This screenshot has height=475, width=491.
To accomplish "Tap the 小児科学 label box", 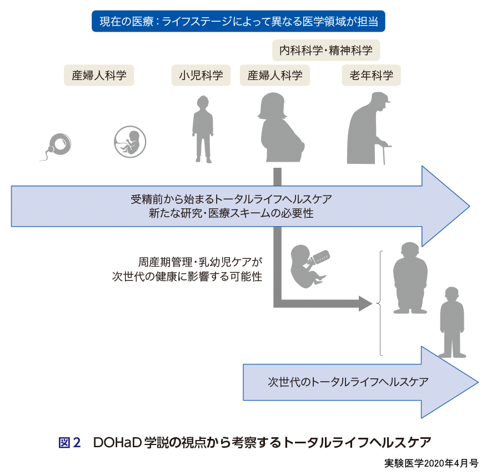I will pos(201,75).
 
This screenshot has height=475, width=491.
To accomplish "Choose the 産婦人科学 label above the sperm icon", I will pos(99,75).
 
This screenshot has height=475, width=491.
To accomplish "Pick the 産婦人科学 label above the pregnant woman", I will pos(275,75).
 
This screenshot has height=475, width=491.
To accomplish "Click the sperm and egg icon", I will pos(58,146).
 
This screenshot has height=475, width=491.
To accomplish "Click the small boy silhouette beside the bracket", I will pos(452,323).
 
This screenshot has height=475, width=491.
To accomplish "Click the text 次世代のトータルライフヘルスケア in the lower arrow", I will pos(348,382).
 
